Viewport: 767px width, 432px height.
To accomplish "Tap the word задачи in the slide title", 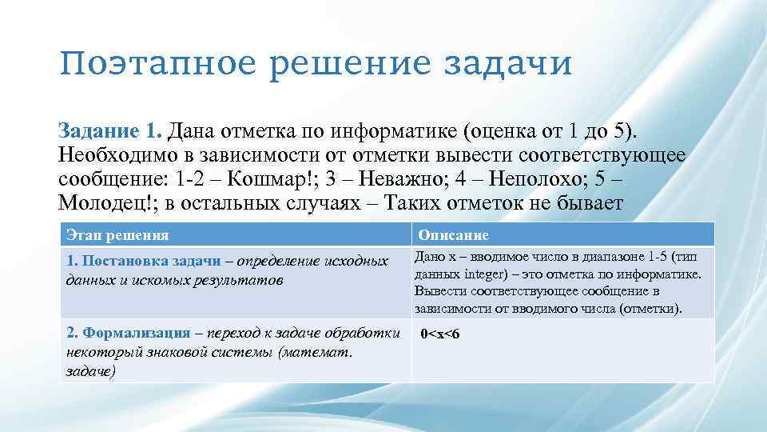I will coord(520,63).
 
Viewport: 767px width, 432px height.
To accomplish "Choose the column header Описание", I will coord(453,235).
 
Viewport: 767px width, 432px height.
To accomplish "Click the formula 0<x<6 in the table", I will coord(440,333).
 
